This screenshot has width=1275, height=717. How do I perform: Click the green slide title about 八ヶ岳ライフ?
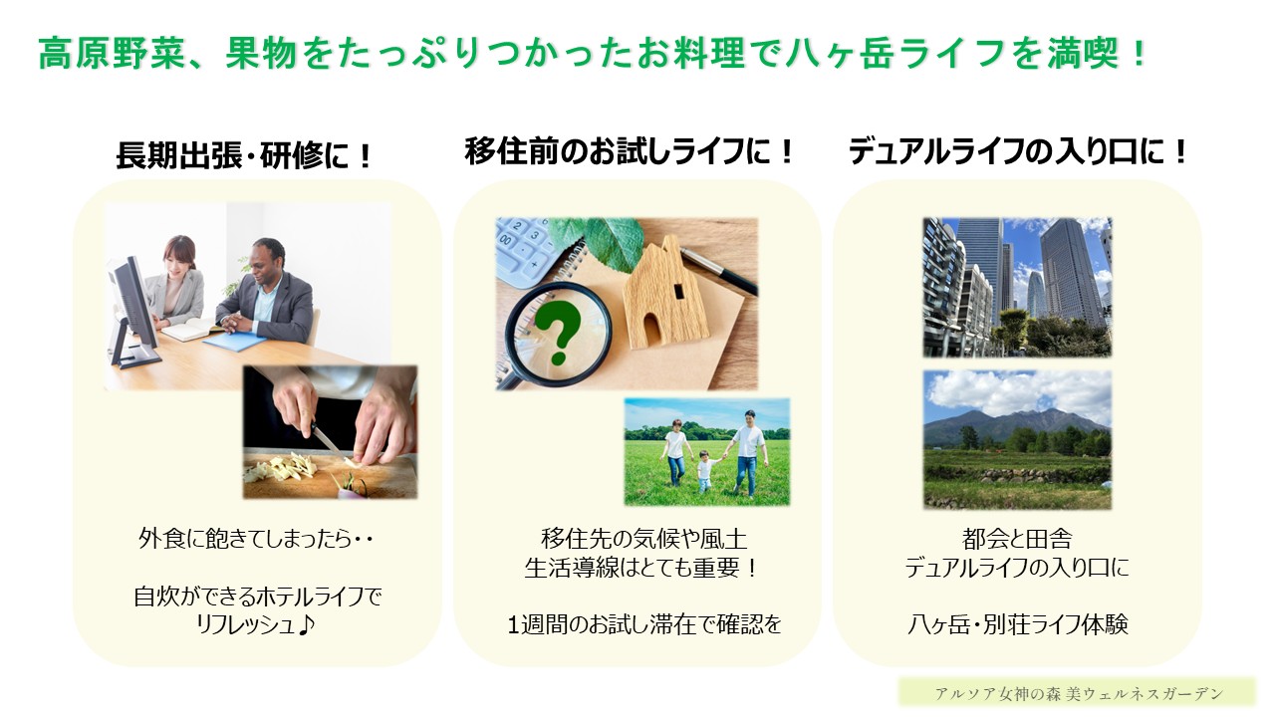coord(594,53)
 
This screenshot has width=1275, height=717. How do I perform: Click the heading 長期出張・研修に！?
coord(244,155)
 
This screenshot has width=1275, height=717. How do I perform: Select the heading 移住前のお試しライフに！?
coord(631,152)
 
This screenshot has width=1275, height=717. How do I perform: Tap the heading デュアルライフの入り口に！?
coord(1019,152)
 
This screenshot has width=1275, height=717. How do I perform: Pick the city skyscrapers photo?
coord(1017,287)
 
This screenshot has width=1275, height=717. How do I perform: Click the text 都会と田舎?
coord(1017,540)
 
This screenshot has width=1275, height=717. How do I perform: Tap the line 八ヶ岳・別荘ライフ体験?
coord(1017,625)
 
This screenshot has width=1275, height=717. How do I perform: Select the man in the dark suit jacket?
coord(267,294)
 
